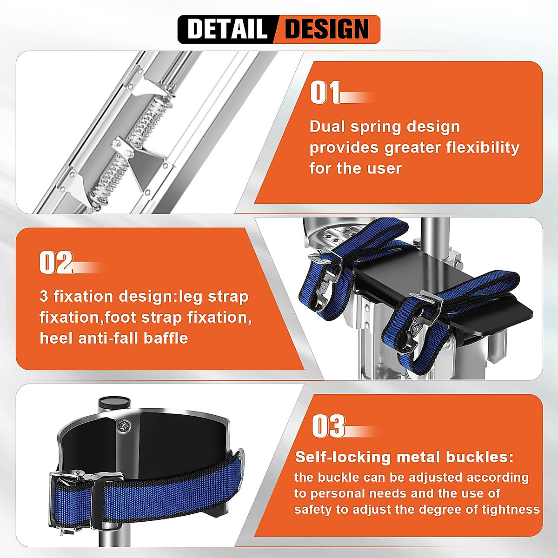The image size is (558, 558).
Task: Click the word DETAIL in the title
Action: [227, 29]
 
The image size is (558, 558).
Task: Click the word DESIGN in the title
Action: [326, 29]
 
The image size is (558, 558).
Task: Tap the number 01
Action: [325, 93]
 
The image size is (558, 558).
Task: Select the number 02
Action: [56, 263]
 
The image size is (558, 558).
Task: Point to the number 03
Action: [328, 426]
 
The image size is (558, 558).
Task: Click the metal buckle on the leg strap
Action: [74, 482]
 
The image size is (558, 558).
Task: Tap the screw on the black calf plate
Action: [125, 425]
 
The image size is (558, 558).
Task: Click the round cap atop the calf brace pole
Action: [113, 402]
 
